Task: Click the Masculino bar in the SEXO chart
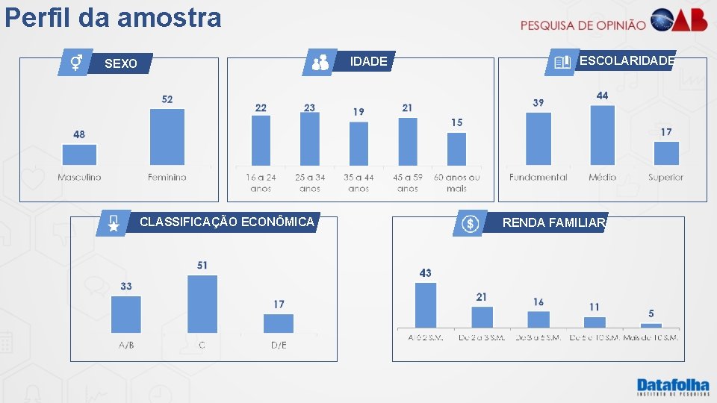79,154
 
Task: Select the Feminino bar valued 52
167,137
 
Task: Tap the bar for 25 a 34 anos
309,139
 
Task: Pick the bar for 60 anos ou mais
456,149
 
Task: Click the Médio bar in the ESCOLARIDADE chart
602,135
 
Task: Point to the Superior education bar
666,153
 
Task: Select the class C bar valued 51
202,304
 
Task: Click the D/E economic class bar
279,323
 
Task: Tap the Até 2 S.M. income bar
426,305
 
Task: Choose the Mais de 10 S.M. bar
651,325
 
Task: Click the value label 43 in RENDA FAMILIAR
426,273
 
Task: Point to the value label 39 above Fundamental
538,103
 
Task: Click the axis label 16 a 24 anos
261,183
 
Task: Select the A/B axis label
126,346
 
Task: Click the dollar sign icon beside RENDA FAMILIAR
470,223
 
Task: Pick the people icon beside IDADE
320,63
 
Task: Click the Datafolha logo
672,387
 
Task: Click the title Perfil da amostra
113,17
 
